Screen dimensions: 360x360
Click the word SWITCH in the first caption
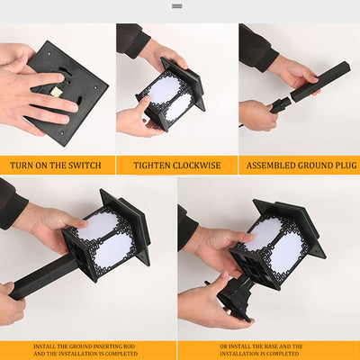[85, 166]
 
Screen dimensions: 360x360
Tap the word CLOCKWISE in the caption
[196, 166]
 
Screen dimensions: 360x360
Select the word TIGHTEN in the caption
[151, 166]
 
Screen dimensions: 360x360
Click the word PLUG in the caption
[346, 166]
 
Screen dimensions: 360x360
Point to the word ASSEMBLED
[271, 166]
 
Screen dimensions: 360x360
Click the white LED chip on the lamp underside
[56, 93]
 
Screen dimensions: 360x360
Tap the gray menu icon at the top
[177, 6]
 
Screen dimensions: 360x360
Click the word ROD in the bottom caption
[130, 346]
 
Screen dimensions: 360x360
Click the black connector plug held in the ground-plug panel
[281, 105]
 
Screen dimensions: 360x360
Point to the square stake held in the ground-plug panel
[320, 82]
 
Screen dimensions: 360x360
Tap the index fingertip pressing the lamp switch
[60, 77]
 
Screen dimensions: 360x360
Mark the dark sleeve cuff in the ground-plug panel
[267, 60]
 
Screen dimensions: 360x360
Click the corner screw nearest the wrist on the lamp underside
[49, 55]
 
